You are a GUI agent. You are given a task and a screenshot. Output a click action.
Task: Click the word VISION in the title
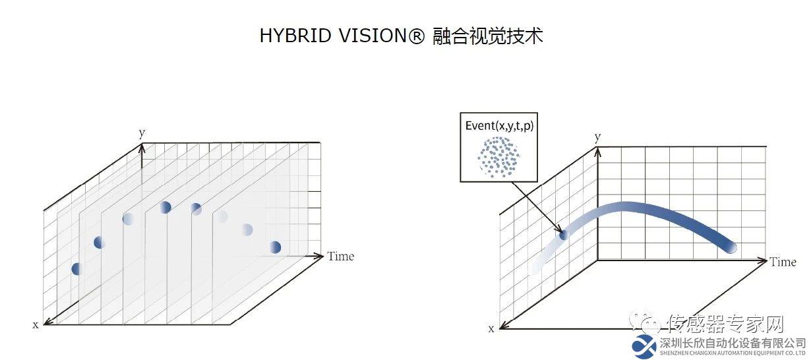coord(377,36)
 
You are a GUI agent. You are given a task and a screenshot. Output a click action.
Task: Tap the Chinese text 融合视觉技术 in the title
coord(487,36)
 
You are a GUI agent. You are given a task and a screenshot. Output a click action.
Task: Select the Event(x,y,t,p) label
coord(499,126)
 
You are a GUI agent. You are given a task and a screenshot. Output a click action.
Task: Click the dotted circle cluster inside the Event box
coord(498,157)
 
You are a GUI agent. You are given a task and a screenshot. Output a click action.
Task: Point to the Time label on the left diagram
coord(341,256)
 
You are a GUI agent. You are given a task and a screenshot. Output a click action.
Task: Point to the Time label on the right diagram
coord(783,262)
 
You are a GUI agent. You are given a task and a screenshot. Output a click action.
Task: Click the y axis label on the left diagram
coord(142,133)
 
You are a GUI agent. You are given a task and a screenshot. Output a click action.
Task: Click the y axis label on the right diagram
coord(597,137)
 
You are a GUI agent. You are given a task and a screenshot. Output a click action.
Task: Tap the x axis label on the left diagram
coord(36,324)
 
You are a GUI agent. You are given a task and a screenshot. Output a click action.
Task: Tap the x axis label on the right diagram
coord(491,328)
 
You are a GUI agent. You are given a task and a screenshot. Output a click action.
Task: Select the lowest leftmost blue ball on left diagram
coord(76,269)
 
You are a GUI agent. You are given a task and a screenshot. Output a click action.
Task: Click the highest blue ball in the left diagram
coord(165,207)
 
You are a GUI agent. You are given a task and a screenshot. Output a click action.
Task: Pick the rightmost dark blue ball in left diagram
coord(275,247)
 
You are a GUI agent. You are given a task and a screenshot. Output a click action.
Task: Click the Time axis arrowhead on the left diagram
coord(318,256)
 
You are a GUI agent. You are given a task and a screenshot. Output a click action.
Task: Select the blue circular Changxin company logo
coord(644,347)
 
